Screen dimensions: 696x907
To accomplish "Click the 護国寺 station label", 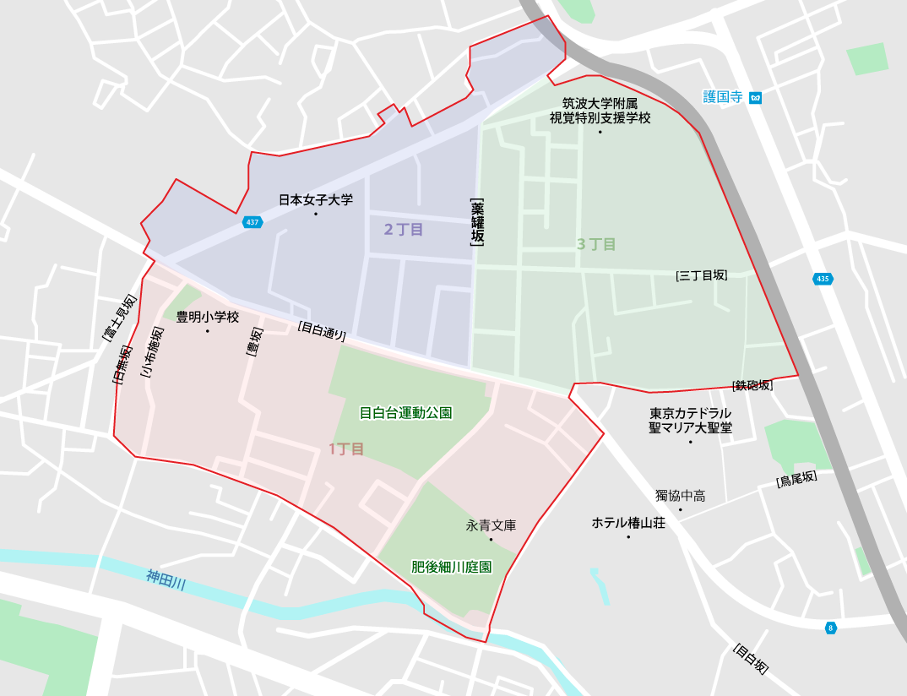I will pos(722,97).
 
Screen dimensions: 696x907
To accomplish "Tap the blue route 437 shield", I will pos(252,222).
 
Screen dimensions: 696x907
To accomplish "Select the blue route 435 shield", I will pos(823,279).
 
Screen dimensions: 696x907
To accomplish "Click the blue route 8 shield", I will pos(831,628).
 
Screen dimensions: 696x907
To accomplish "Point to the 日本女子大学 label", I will pos(316,200).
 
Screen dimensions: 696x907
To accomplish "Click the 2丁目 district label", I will pos(404,229).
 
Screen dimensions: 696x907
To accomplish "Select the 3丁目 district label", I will pos(596,244).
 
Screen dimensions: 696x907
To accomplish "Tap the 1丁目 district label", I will pos(346,449).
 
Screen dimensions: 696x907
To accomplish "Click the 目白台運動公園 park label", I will pos(405,413).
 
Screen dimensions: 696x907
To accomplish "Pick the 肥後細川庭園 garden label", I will pos(451,567).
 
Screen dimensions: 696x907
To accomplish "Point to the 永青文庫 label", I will pos(491,525).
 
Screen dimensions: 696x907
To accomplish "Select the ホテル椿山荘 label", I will pos(628,523).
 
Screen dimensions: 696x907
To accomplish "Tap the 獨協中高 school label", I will pos(680,495).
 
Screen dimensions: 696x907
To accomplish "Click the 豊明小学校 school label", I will pos(208,318).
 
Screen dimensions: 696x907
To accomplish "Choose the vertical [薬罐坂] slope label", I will pos(478,221).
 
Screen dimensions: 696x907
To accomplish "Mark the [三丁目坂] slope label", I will pos(702,275).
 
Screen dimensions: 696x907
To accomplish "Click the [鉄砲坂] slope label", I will pos(752,385).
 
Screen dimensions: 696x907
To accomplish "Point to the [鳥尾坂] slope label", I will pos(796,479).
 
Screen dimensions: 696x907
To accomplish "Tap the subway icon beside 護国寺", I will pos(756,97).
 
